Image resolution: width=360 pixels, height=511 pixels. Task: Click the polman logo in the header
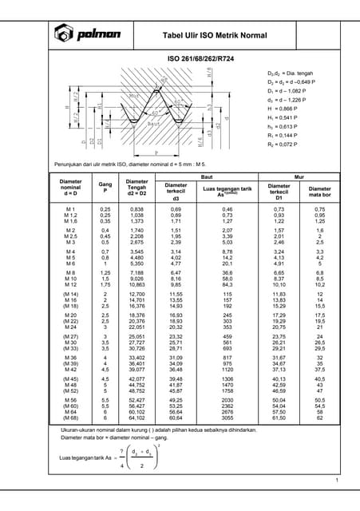pyautogui.click(x=88, y=33)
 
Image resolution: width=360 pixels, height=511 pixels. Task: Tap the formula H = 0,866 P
pyautogui.click(x=285, y=107)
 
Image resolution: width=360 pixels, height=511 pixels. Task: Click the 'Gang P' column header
pyautogui.click(x=105, y=188)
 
